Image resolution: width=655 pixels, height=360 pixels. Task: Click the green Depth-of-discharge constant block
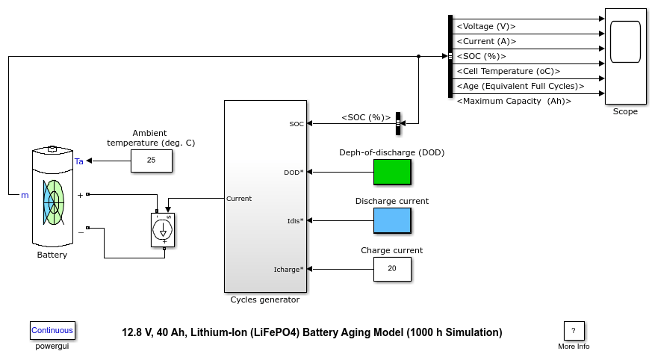coord(392,172)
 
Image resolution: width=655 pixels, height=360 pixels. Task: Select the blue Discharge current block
coord(392,220)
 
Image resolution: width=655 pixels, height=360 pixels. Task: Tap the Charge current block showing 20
coord(392,269)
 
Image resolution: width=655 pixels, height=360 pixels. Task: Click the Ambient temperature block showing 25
coord(151,161)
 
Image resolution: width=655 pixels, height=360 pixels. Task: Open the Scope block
coord(625,56)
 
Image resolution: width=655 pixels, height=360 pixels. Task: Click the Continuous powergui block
coord(52,330)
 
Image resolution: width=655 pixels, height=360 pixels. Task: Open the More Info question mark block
coord(574,331)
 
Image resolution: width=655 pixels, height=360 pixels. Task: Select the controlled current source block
coord(163,230)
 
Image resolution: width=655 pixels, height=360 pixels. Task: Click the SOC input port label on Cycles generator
coord(297,124)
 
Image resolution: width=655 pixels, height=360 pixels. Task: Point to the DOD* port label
coord(294,173)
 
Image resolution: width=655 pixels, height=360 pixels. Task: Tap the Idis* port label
coord(295,221)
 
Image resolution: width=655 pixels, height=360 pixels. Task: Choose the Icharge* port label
coord(288,270)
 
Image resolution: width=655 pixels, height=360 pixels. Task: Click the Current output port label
coord(239,199)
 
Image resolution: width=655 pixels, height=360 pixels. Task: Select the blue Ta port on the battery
coord(79,161)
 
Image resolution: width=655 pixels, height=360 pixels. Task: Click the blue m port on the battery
coord(25,195)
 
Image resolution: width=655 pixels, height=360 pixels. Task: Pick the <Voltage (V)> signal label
coord(486,26)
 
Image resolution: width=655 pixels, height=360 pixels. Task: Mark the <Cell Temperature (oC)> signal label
coord(509,71)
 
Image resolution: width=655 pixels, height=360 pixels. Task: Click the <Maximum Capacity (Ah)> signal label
coord(514,101)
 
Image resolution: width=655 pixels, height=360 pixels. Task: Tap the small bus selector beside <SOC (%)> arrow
coord(398,124)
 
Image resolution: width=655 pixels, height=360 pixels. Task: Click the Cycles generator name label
coord(265,300)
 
